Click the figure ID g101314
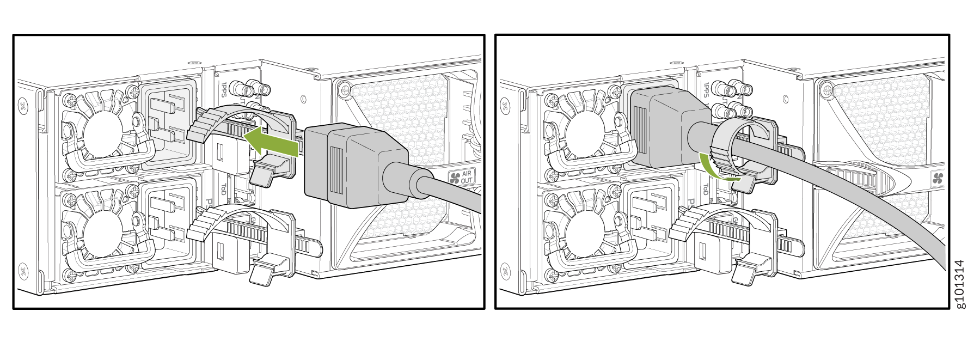(x=960, y=283)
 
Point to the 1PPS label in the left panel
(x=224, y=90)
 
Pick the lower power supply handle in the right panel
(x=591, y=256)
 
